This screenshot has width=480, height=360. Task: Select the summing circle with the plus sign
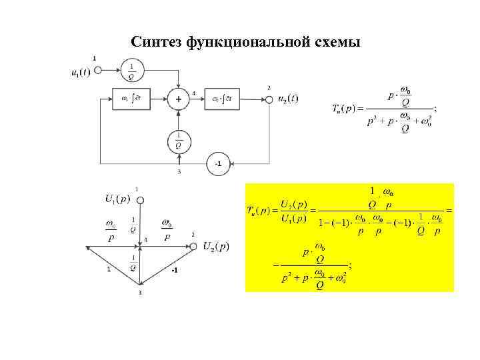[x=179, y=100]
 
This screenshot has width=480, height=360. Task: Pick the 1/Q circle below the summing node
[x=178, y=141]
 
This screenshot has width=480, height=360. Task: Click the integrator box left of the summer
[x=133, y=100]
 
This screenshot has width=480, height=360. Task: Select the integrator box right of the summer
[x=224, y=100]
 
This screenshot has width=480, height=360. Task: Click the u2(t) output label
[x=288, y=99]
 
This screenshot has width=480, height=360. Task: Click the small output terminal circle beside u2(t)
[x=269, y=100]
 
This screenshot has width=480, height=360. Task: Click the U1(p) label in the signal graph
[x=117, y=198]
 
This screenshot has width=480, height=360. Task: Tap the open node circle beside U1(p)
[x=140, y=199]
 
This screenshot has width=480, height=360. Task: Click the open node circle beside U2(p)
[x=193, y=247]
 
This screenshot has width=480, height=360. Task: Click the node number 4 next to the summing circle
[x=193, y=93]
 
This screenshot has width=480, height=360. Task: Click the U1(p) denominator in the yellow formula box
[x=293, y=217]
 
